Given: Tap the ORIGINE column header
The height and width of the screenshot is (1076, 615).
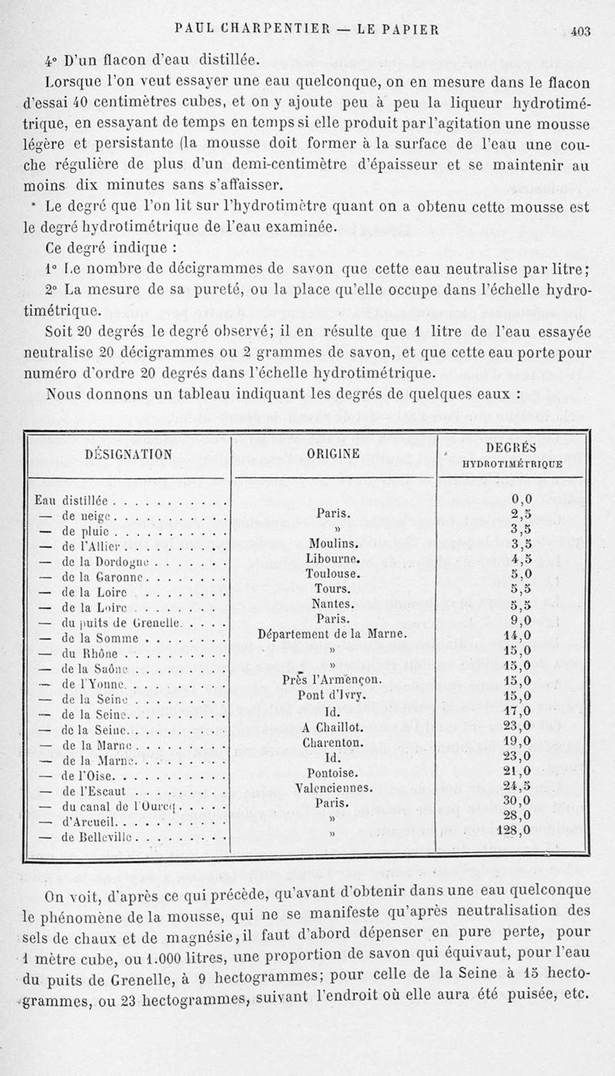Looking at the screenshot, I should click(334, 454).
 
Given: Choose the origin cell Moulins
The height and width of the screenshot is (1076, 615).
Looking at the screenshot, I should click(333, 543).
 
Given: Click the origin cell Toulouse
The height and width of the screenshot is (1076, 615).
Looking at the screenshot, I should click(333, 573).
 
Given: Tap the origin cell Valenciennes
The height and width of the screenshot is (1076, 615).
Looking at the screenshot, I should click(334, 788).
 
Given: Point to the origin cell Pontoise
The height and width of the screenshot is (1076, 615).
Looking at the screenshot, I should click(333, 772).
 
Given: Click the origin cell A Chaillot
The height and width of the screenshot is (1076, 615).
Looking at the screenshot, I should click(333, 729).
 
